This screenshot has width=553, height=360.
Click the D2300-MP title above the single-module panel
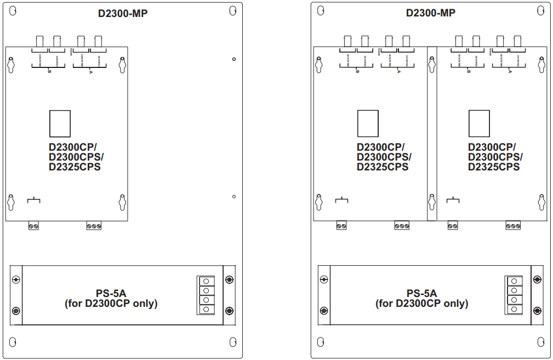pos(123,13)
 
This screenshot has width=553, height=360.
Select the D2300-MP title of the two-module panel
pos(430,13)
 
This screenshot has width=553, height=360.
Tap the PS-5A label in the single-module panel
pos(111,293)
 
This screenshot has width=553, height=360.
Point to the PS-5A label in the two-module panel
pos(421,293)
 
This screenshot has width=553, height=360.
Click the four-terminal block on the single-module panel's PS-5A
pos(206,295)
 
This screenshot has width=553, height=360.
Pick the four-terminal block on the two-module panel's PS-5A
pos(514,295)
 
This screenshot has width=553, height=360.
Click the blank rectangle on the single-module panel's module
pos(60,124)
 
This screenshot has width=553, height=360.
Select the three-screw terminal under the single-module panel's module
pos(94,226)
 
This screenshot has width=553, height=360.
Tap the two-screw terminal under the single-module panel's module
pos(33,226)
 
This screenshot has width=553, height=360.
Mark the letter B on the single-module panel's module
pos(49,72)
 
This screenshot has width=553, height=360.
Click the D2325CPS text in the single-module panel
pos(75,167)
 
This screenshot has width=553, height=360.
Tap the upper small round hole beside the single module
pos(234,59)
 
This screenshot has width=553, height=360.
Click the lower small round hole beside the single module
pos(234,196)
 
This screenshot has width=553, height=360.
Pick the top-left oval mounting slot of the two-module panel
pos(321,11)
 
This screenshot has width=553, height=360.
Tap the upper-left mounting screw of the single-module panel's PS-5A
pos(16,280)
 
